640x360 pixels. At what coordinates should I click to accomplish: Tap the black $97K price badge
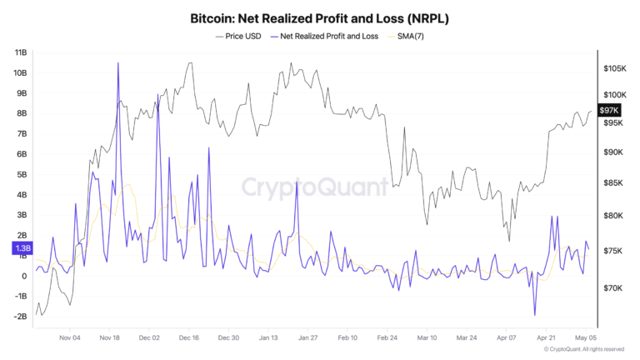[x=609, y=110]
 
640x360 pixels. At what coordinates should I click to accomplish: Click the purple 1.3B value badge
[x=22, y=248]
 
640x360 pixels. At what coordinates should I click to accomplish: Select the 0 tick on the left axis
[x=25, y=276]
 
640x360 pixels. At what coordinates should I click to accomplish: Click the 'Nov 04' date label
[x=70, y=338]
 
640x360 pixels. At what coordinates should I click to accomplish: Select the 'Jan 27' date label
[x=307, y=338]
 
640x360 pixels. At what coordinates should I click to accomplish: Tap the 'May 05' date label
[x=587, y=338]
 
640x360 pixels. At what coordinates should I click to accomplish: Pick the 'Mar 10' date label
[x=427, y=338]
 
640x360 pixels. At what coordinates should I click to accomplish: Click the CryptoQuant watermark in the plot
[x=315, y=187]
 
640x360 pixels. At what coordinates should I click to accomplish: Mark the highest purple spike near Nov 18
[x=118, y=63]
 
